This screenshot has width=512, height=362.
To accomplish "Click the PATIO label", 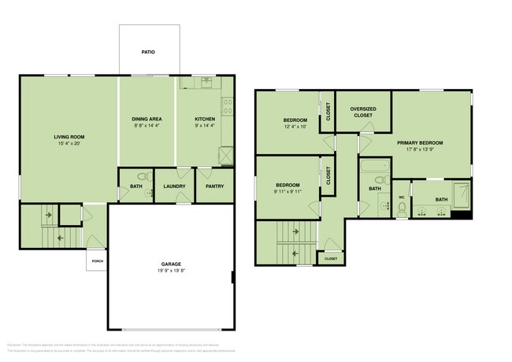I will pos(148,53).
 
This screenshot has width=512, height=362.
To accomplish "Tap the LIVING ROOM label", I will pos(69,137).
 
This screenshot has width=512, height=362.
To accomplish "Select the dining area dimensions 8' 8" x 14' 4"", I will pos(146,126).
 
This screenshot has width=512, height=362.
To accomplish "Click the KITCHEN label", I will pos(205,119).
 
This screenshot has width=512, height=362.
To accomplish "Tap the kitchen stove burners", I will pos(228,102).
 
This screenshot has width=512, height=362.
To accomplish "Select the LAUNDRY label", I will pos(174,187).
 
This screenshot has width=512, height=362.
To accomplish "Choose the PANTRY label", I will pos(214,187).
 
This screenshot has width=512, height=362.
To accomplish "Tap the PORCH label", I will pos(98,261).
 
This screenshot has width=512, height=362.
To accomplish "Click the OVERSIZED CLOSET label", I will pos(362,112).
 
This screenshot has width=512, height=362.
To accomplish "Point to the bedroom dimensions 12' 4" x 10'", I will pos(295,126).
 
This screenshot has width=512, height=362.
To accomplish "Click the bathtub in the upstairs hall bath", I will pos(375,166).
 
